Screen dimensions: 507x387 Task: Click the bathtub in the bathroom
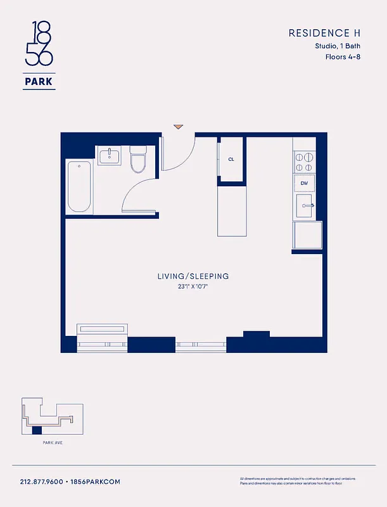79,187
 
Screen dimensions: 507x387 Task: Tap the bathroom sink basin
110,155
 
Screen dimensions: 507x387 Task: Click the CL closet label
231,159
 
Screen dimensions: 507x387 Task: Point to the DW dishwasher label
303,183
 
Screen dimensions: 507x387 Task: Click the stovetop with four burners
303,162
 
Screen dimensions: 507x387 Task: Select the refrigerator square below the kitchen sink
307,234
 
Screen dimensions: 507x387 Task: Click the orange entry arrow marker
179,127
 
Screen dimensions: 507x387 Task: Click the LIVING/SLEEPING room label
193,276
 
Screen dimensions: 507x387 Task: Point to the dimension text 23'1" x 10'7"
193,287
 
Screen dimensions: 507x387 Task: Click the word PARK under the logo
39,81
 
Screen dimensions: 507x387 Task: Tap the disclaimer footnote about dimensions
298,480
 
